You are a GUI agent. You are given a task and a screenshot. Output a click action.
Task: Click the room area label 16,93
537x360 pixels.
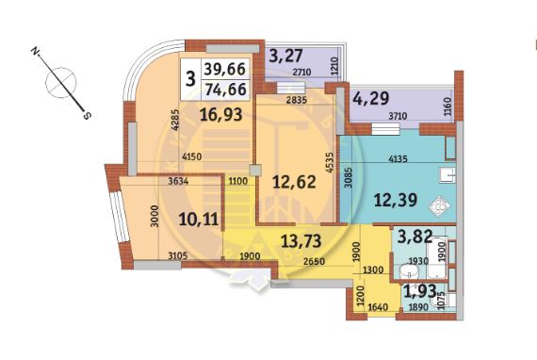[220, 114]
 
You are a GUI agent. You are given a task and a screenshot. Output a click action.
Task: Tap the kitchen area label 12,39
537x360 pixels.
[396, 200]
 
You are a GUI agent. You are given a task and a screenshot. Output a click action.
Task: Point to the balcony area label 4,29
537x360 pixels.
[371, 99]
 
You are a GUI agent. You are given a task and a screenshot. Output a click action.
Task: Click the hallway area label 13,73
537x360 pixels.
[301, 241]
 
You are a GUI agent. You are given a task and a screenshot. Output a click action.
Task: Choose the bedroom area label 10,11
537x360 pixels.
[199, 220]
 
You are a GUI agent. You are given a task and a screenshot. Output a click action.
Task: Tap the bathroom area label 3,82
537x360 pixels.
[415, 237]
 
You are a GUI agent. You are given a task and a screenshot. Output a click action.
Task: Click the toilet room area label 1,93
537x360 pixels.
[420, 291]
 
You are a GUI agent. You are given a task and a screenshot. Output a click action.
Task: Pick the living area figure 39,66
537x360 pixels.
[225, 69]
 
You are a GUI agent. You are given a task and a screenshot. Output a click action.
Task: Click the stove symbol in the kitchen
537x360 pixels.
[439, 205]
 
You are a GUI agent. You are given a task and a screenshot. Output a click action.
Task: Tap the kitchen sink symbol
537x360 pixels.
[447, 175]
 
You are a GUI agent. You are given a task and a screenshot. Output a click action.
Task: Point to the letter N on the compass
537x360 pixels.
[35, 52]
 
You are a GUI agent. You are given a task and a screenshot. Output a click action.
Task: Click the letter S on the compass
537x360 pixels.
[87, 116]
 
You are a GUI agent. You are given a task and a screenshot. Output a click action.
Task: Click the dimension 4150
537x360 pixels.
[192, 156]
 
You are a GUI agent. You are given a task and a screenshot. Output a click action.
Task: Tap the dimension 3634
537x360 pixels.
[178, 181]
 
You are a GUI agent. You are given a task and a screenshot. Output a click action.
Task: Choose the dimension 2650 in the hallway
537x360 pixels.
[315, 261]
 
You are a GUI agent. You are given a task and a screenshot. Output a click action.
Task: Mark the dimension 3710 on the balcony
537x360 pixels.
[398, 116]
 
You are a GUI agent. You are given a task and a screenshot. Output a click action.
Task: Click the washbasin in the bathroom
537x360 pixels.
[410, 271]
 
